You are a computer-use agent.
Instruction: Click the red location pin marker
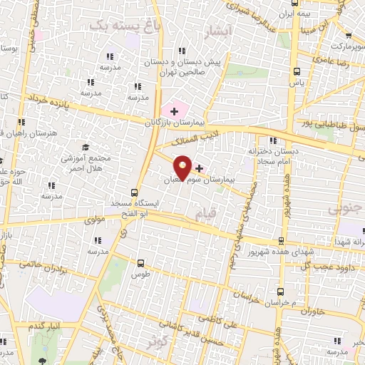182,168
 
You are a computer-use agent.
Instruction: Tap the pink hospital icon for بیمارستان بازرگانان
174,111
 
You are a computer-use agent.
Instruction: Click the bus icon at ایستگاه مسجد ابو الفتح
135,192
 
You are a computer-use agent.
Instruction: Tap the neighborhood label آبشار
218,31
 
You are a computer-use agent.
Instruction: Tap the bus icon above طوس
140,262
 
